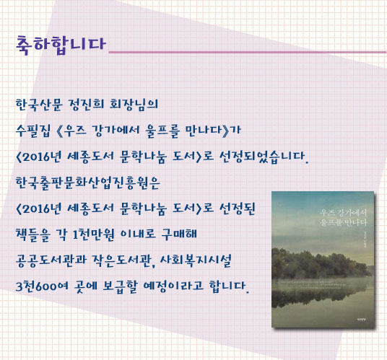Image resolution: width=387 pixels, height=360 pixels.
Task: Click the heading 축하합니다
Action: [x=61, y=45]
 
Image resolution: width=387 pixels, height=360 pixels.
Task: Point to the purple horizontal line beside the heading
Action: [x=248, y=52]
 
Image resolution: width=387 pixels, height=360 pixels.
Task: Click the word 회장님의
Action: [x=134, y=105]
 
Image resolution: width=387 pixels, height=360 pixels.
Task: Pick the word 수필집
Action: [x=33, y=131]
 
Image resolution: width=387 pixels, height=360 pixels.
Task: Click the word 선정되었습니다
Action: [x=264, y=157]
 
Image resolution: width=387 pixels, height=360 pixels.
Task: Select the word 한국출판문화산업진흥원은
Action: [x=88, y=183]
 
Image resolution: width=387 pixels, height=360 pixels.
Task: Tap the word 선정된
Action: [x=238, y=208]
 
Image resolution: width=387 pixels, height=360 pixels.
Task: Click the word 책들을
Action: [x=33, y=234]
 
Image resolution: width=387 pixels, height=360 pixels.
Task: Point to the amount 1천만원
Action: [x=93, y=234]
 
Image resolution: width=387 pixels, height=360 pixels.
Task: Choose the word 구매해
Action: [x=179, y=234]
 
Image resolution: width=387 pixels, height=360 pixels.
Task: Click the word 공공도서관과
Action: [x=51, y=260]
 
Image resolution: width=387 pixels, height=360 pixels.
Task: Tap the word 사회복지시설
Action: [x=196, y=260]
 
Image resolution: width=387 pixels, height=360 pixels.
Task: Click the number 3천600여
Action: [x=42, y=286]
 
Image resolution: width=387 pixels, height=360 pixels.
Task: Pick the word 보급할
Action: [x=120, y=286]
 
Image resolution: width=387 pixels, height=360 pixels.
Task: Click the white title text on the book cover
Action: [x=344, y=217]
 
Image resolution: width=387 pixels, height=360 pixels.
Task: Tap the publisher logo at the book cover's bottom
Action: [x=362, y=320]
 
